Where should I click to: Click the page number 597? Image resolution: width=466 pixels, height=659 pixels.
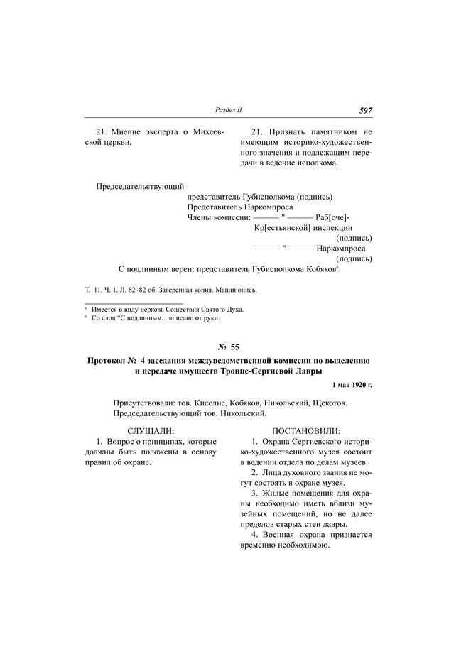[x=366, y=111]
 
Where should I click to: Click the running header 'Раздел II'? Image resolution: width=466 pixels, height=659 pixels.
[x=228, y=111]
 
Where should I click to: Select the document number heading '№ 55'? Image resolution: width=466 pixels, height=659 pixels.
[x=232, y=346]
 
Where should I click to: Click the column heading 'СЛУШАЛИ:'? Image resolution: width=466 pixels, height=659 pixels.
[x=150, y=431]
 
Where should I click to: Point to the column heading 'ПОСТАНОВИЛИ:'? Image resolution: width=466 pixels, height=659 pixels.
[x=306, y=431]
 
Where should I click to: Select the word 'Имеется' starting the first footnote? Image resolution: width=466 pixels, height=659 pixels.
[x=104, y=310]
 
